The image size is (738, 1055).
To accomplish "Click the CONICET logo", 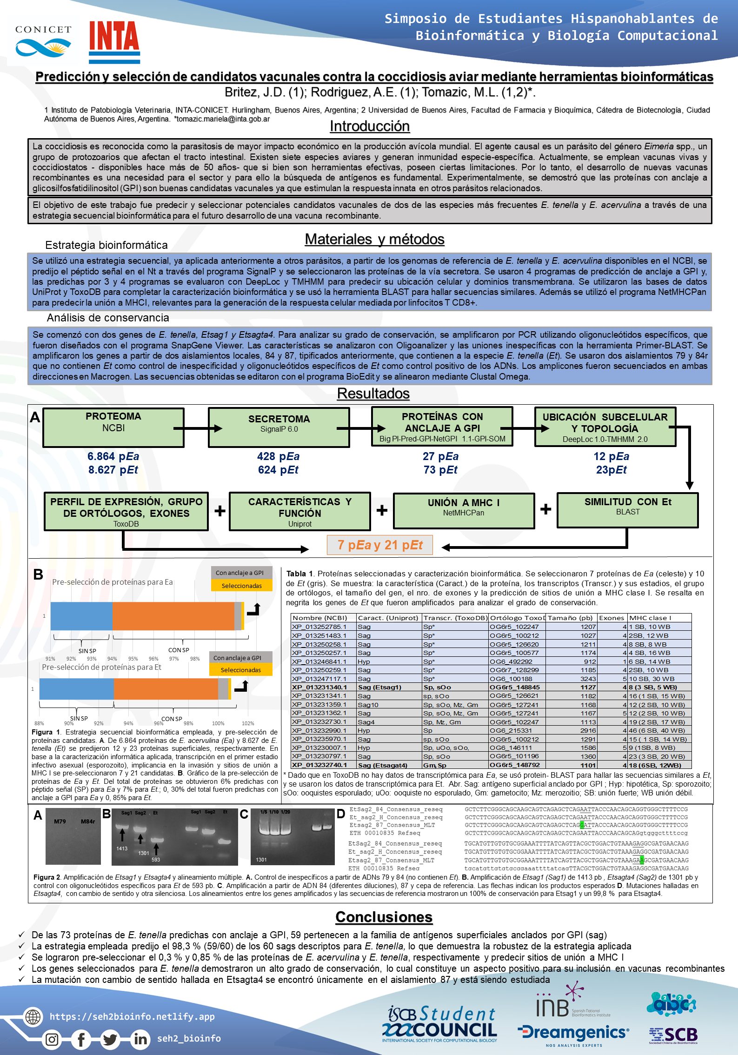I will point(43,42).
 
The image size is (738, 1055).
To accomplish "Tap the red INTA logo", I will point(114,42).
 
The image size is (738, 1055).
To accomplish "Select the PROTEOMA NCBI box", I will point(113,427).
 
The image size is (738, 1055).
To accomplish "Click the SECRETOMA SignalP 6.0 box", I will point(279,427).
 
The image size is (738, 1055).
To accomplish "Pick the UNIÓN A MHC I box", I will point(463,511).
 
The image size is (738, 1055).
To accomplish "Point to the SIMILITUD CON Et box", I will point(627,510).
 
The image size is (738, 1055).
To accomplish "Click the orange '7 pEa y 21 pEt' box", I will point(379,545).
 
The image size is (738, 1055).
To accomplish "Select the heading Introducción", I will point(369,126).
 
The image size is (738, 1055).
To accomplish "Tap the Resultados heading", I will point(373,394).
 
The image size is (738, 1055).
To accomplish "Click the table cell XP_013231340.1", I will point(319,687).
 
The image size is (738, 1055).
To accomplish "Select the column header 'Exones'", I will point(612,618).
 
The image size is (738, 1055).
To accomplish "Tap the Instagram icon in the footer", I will point(52,1039).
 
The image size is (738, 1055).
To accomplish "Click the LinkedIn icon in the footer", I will point(140,1039).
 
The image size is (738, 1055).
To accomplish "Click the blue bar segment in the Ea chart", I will point(81,616).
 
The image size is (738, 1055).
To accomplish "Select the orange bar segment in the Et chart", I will point(166,688).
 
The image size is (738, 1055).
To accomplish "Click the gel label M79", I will point(60,821).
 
